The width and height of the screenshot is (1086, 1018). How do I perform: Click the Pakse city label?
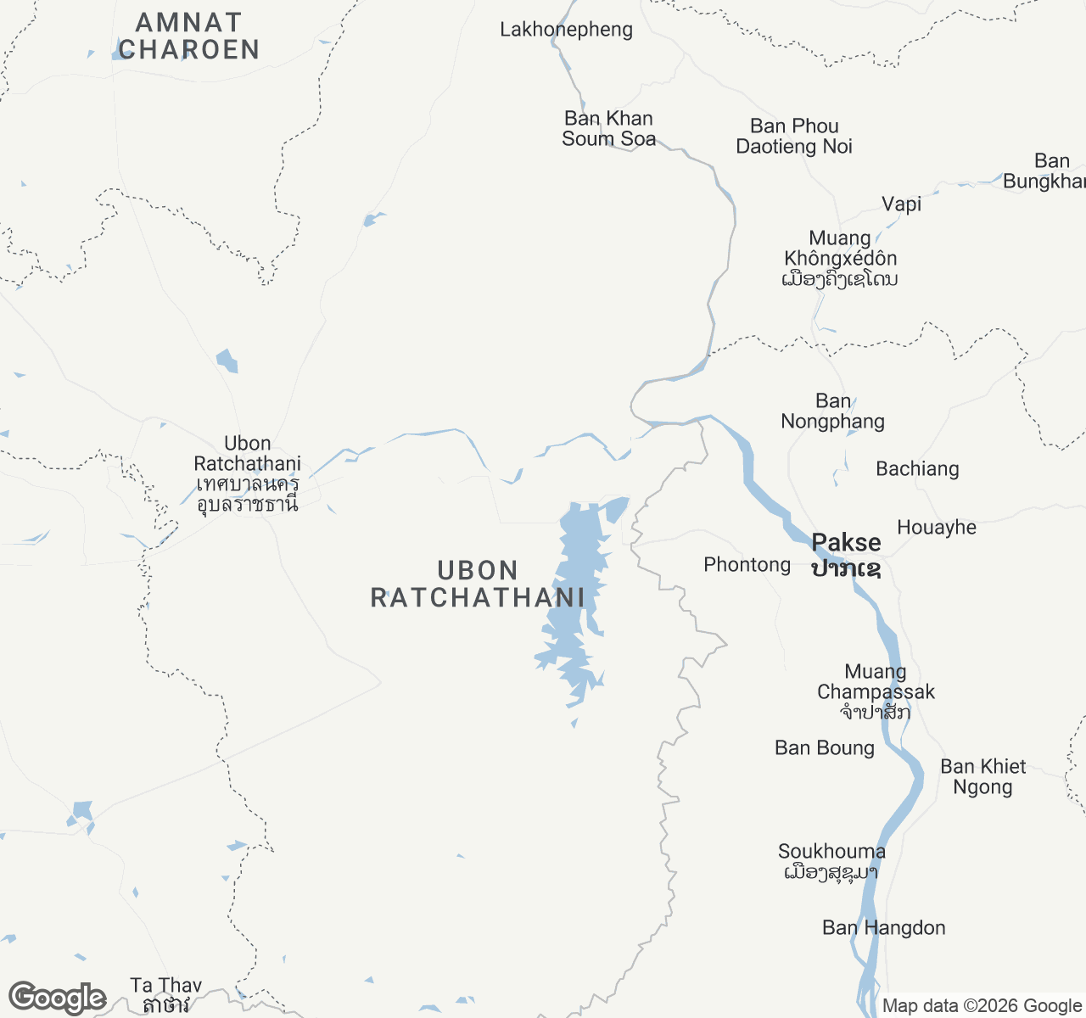(x=846, y=554)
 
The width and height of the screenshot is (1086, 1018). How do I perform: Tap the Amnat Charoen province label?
(x=188, y=36)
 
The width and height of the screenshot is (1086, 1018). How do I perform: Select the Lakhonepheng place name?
(x=566, y=30)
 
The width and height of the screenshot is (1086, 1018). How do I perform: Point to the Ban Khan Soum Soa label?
(x=608, y=129)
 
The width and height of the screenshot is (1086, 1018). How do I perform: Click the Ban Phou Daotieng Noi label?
(x=794, y=137)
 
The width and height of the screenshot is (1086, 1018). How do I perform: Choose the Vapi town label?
(x=901, y=204)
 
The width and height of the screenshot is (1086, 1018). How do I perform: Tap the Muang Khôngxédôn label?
(x=840, y=258)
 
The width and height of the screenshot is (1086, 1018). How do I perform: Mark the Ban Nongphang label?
(x=832, y=411)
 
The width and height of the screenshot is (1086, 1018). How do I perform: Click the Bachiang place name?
(x=917, y=469)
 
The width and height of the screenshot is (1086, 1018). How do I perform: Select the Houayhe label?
(x=937, y=528)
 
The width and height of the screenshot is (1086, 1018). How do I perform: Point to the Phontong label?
(x=747, y=565)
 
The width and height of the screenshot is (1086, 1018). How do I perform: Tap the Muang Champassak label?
(x=876, y=691)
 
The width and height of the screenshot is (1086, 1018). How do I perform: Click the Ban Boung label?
(x=824, y=748)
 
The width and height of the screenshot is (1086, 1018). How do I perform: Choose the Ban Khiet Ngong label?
(x=983, y=777)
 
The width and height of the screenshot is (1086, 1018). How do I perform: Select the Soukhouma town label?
(x=831, y=861)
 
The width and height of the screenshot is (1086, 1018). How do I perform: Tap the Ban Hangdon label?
(x=883, y=928)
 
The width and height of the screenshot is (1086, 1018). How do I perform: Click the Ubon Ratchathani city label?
(x=247, y=473)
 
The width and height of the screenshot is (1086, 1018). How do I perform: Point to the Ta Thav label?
(x=166, y=995)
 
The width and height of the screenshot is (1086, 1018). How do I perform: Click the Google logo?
(x=57, y=998)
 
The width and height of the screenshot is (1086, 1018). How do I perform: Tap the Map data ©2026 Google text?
(x=982, y=1006)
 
